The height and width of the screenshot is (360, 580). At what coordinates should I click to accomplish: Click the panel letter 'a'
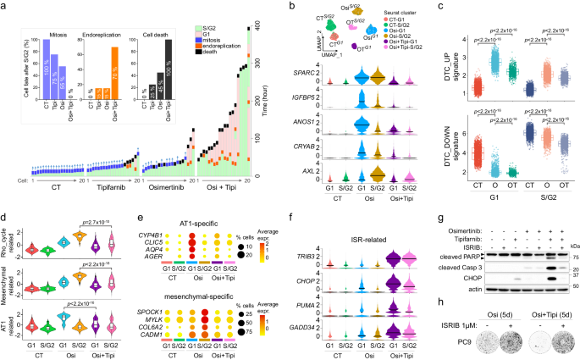click(x=4, y=6)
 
